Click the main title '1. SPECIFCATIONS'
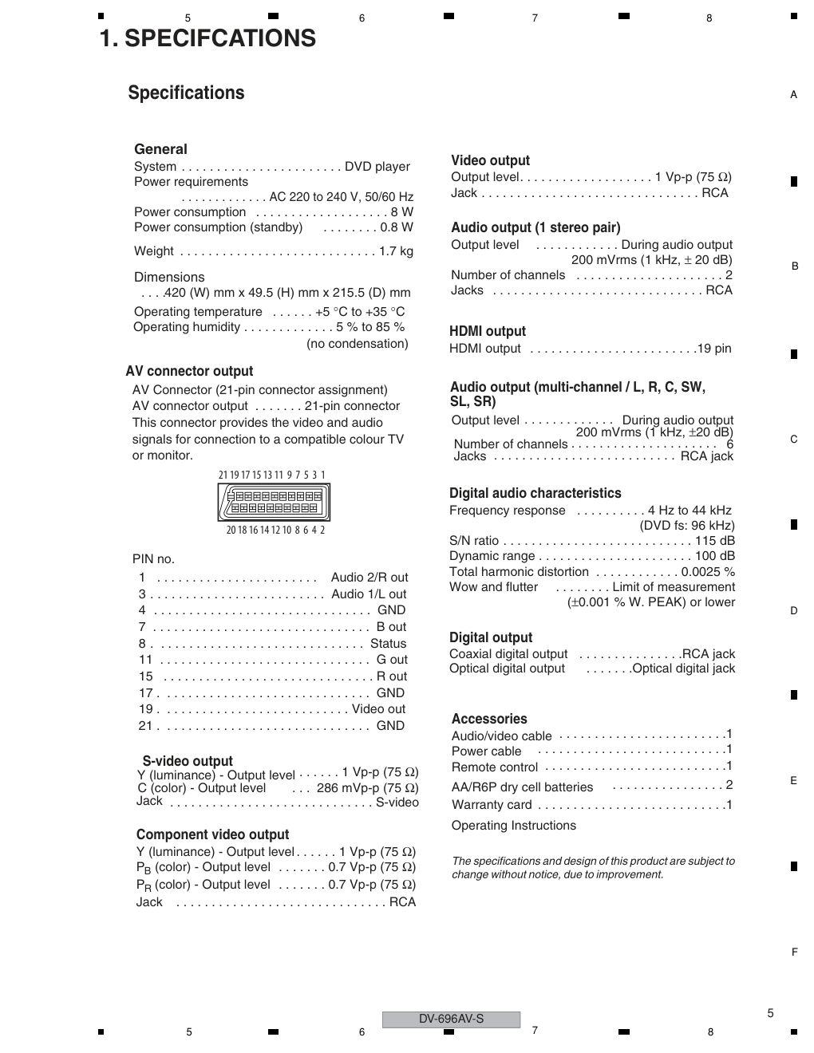pyautogui.click(x=207, y=38)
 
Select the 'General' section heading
pyautogui.click(x=160, y=149)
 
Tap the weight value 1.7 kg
pyautogui.click(x=396, y=251)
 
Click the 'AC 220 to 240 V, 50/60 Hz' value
pyautogui.click(x=341, y=196)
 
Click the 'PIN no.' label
pyautogui.click(x=153, y=559)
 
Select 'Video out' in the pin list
pyautogui.click(x=378, y=709)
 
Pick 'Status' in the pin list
pyautogui.click(x=388, y=644)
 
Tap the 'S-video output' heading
pyautogui.click(x=188, y=761)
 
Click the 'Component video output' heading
pyautogui.click(x=212, y=834)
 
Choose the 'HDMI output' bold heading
pyautogui.click(x=488, y=331)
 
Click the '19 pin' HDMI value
pyautogui.click(x=713, y=349)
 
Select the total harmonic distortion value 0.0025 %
pyautogui.click(x=708, y=572)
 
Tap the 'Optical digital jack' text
pyautogui.click(x=683, y=668)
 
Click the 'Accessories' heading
pyautogui.click(x=489, y=719)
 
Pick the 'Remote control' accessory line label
pyautogui.click(x=495, y=767)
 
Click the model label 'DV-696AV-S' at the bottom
pyautogui.click(x=451, y=1019)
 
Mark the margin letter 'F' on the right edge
pyautogui.click(x=794, y=952)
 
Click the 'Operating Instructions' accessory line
pyautogui.click(x=513, y=826)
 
